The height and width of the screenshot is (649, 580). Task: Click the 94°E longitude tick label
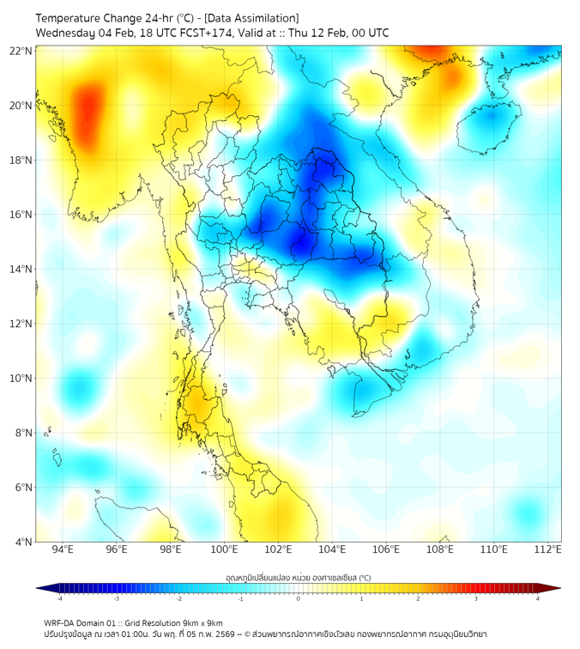click(63, 549)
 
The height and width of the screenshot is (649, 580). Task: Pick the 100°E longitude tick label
click(224, 549)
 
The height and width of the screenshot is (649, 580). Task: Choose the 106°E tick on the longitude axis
click(386, 549)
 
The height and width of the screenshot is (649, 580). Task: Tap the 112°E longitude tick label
click(547, 549)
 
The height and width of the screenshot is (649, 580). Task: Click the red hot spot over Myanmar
click(86, 112)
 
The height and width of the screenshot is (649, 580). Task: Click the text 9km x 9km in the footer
click(198, 623)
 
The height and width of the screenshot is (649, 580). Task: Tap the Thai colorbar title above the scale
click(298, 578)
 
